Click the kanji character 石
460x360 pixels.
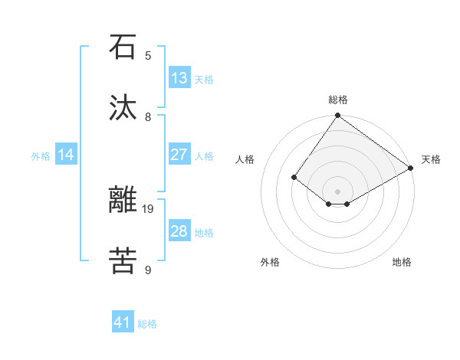coord(123,47)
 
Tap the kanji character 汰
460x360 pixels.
coord(123,108)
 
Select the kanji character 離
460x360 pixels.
coord(123,200)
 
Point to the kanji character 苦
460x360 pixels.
coord(123,261)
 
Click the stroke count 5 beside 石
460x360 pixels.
coord(148,55)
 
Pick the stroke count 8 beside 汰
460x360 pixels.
coord(148,116)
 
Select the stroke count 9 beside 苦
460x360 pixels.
coord(148,270)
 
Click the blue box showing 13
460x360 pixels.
coord(179,78)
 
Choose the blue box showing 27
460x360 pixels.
coord(179,155)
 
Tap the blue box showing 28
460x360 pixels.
coord(179,231)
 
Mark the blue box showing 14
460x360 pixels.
coord(66,155)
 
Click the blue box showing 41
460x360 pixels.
coord(123,322)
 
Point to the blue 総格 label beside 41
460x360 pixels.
coord(147,324)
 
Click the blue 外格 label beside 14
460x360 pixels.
coord(41,156)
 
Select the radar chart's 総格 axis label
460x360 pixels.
coord(337,100)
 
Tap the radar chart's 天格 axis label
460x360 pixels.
coord(431,159)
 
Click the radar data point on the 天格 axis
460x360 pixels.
coord(412,168)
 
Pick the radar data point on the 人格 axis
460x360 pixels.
coord(294,177)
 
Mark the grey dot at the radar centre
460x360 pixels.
coord(337,191)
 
